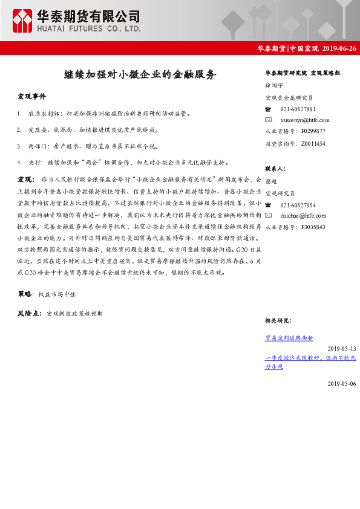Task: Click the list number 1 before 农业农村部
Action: (20, 113)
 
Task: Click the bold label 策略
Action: (25, 294)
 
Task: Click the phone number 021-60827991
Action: (298, 109)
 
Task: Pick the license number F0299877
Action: (313, 131)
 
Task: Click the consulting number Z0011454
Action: (313, 143)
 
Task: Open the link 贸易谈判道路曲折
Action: (289, 338)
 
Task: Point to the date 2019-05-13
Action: (342, 349)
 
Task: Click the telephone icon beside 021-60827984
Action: (269, 205)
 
